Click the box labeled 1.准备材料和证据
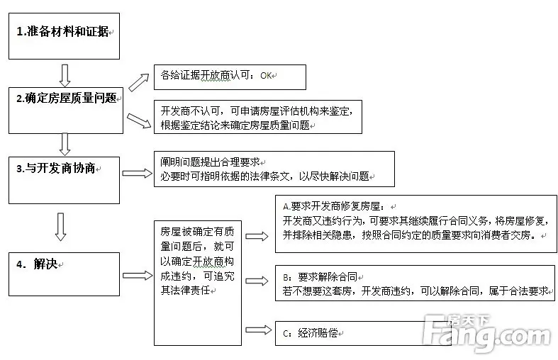point(64,36)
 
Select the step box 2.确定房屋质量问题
point(66,111)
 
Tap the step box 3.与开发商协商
point(64,181)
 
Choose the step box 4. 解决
point(64,274)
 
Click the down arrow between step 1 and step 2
point(65,75)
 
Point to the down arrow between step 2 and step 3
point(65,145)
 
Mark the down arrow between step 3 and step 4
point(60,227)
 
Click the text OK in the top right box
point(266,76)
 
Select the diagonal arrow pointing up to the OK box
point(138,82)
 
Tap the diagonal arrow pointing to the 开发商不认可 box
point(139,120)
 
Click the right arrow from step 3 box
point(137,173)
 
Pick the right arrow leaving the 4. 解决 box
point(138,276)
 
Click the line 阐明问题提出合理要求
point(210,162)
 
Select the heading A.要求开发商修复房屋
point(333,206)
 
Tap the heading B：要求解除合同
point(320,277)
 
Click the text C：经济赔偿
point(311,333)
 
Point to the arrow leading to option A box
point(257,236)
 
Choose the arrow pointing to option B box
point(257,281)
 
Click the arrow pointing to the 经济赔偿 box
point(258,330)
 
